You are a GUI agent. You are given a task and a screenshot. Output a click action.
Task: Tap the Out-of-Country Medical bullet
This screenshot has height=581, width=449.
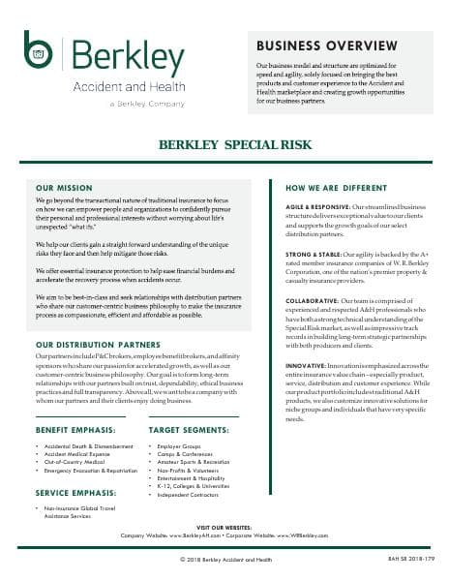click(x=77, y=461)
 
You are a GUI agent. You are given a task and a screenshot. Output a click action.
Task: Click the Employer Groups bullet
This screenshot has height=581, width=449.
click(x=175, y=446)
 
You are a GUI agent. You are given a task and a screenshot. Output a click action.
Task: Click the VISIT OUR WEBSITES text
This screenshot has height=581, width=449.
click(x=224, y=528)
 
